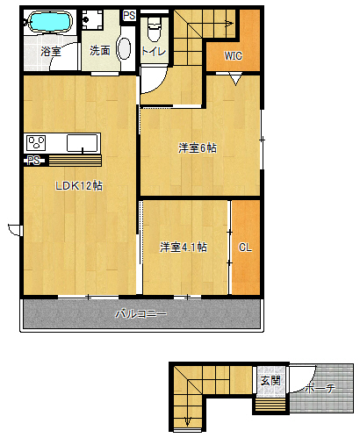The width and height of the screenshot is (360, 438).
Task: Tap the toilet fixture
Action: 155,30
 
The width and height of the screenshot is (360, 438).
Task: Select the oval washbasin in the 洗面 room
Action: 124,48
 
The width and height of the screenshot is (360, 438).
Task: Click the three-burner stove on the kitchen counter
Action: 36,143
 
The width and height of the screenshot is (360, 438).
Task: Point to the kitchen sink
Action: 83,143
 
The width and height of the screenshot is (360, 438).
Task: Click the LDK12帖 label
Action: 79,185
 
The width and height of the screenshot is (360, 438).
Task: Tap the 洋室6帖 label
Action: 198,148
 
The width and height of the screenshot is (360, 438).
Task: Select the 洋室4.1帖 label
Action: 184,248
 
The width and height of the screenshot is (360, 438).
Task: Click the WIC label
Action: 234,55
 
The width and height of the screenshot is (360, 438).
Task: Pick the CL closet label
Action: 245,248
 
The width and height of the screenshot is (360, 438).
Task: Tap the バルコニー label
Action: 141,314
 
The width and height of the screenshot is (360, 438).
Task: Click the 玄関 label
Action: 270,381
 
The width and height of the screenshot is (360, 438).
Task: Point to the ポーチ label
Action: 320,389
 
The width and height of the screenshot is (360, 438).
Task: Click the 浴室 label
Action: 51,52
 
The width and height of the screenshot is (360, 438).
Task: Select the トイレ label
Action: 154,52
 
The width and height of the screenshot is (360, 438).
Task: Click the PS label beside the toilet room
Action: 129,16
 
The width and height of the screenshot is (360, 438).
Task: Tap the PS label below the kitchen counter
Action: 33,161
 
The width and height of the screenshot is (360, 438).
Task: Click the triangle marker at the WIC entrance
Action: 235,80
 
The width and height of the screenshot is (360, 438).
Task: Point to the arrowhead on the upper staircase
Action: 230,24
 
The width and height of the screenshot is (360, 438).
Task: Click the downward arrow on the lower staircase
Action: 188,421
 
